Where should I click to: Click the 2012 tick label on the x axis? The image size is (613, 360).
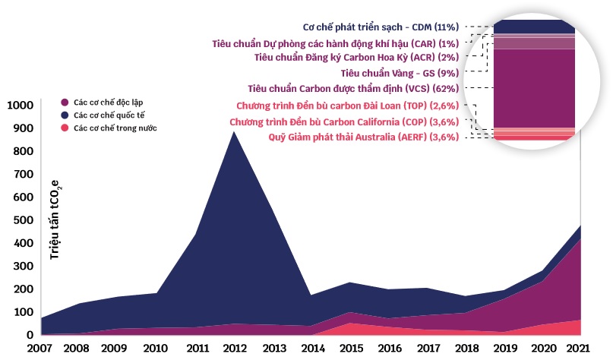pyautogui.click(x=232, y=349)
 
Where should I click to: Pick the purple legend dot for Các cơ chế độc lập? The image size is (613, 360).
pyautogui.click(x=65, y=101)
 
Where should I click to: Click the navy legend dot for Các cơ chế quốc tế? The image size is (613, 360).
pyautogui.click(x=65, y=115)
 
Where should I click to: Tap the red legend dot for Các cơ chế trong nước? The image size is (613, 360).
pyautogui.click(x=65, y=128)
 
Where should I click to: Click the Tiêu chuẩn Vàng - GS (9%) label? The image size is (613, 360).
pyautogui.click(x=400, y=73)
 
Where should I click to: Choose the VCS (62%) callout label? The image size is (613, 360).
pyautogui.click(x=353, y=88)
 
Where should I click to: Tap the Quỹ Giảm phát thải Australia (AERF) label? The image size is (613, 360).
pyautogui.click(x=364, y=137)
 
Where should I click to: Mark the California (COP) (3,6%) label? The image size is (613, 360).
pyautogui.click(x=344, y=121)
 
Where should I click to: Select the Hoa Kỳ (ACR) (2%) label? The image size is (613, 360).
pyautogui.click(x=356, y=57)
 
